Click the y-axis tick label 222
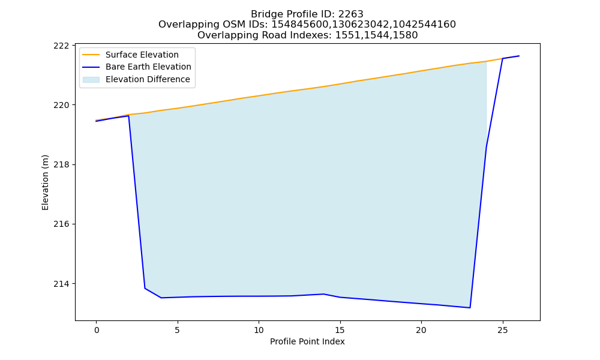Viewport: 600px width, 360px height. pyautogui.click(x=62, y=46)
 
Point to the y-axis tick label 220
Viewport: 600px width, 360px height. pyautogui.click(x=62, y=105)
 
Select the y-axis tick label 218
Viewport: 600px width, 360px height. pyautogui.click(x=62, y=164)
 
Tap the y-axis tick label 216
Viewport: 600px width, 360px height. pyautogui.click(x=62, y=224)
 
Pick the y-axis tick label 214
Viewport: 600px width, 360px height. pyautogui.click(x=62, y=284)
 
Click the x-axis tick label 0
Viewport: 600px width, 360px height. pyautogui.click(x=97, y=330)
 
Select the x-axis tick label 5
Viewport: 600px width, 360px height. pyautogui.click(x=178, y=330)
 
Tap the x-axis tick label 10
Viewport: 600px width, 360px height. pyautogui.click(x=259, y=330)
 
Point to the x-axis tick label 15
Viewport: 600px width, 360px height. pyautogui.click(x=340, y=330)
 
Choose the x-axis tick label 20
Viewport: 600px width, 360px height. pyautogui.click(x=421, y=330)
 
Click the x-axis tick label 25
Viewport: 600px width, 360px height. pyautogui.click(x=502, y=330)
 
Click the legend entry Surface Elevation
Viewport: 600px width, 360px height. pyautogui.click(x=142, y=55)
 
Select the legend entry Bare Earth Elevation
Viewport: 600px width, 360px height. pyautogui.click(x=148, y=67)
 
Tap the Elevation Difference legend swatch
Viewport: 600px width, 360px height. pyautogui.click(x=91, y=80)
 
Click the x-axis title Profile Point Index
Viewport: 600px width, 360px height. pyautogui.click(x=307, y=341)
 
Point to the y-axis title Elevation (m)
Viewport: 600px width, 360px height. pyautogui.click(x=45, y=182)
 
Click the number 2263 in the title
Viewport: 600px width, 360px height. pyautogui.click(x=350, y=14)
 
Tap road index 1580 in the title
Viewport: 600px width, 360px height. pyautogui.click(x=405, y=35)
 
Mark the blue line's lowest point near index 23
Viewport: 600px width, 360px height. pyautogui.click(x=470, y=308)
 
